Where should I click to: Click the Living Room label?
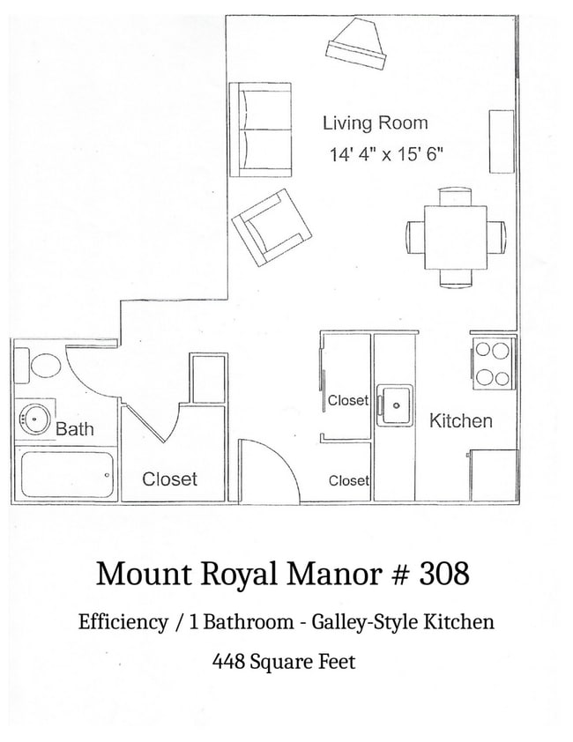click(x=375, y=123)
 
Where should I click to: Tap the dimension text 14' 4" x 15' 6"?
click(x=385, y=155)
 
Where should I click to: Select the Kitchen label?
click(x=460, y=421)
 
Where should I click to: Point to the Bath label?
click(x=75, y=430)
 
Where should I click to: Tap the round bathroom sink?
click(x=34, y=419)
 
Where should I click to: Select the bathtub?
click(x=66, y=475)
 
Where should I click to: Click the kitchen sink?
click(x=396, y=405)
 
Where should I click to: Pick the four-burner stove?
click(x=493, y=364)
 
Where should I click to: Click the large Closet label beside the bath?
click(x=170, y=479)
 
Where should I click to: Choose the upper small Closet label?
click(x=347, y=400)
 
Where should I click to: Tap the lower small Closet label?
click(x=348, y=480)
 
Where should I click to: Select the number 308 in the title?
click(x=444, y=575)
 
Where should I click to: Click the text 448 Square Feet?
click(x=284, y=661)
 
